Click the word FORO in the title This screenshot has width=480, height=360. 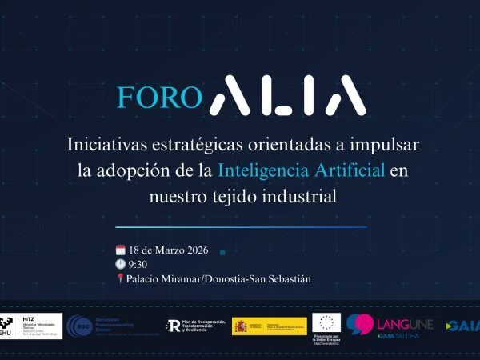[x=159, y=97]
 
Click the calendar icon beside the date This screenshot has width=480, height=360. [x=121, y=250]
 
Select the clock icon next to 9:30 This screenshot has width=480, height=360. [x=121, y=264]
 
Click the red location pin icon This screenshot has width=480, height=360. [x=120, y=278]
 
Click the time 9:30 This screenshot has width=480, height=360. [x=138, y=265]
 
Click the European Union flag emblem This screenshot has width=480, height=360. [x=326, y=322]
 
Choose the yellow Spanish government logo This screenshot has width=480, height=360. [x=269, y=326]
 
